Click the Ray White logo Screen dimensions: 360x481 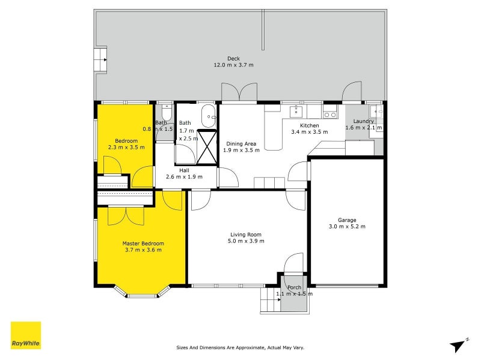tap(26, 335)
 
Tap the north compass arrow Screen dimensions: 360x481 tap(459, 344)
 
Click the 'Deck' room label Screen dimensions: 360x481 tap(233, 58)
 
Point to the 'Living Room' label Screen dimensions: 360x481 tap(247, 235)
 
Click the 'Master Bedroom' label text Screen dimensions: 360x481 tap(143, 243)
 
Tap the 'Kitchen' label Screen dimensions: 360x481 tap(309, 125)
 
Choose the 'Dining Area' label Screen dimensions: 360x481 tap(241, 143)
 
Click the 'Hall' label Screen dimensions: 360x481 tap(183, 170)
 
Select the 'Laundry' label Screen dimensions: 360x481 tap(364, 121)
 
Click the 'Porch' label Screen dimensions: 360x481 tap(294, 287)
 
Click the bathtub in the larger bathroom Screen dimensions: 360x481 tap(207, 112)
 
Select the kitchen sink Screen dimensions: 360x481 tap(296, 112)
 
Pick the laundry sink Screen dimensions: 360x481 tap(376, 111)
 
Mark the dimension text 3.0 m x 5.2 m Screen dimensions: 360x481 tap(347, 227)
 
